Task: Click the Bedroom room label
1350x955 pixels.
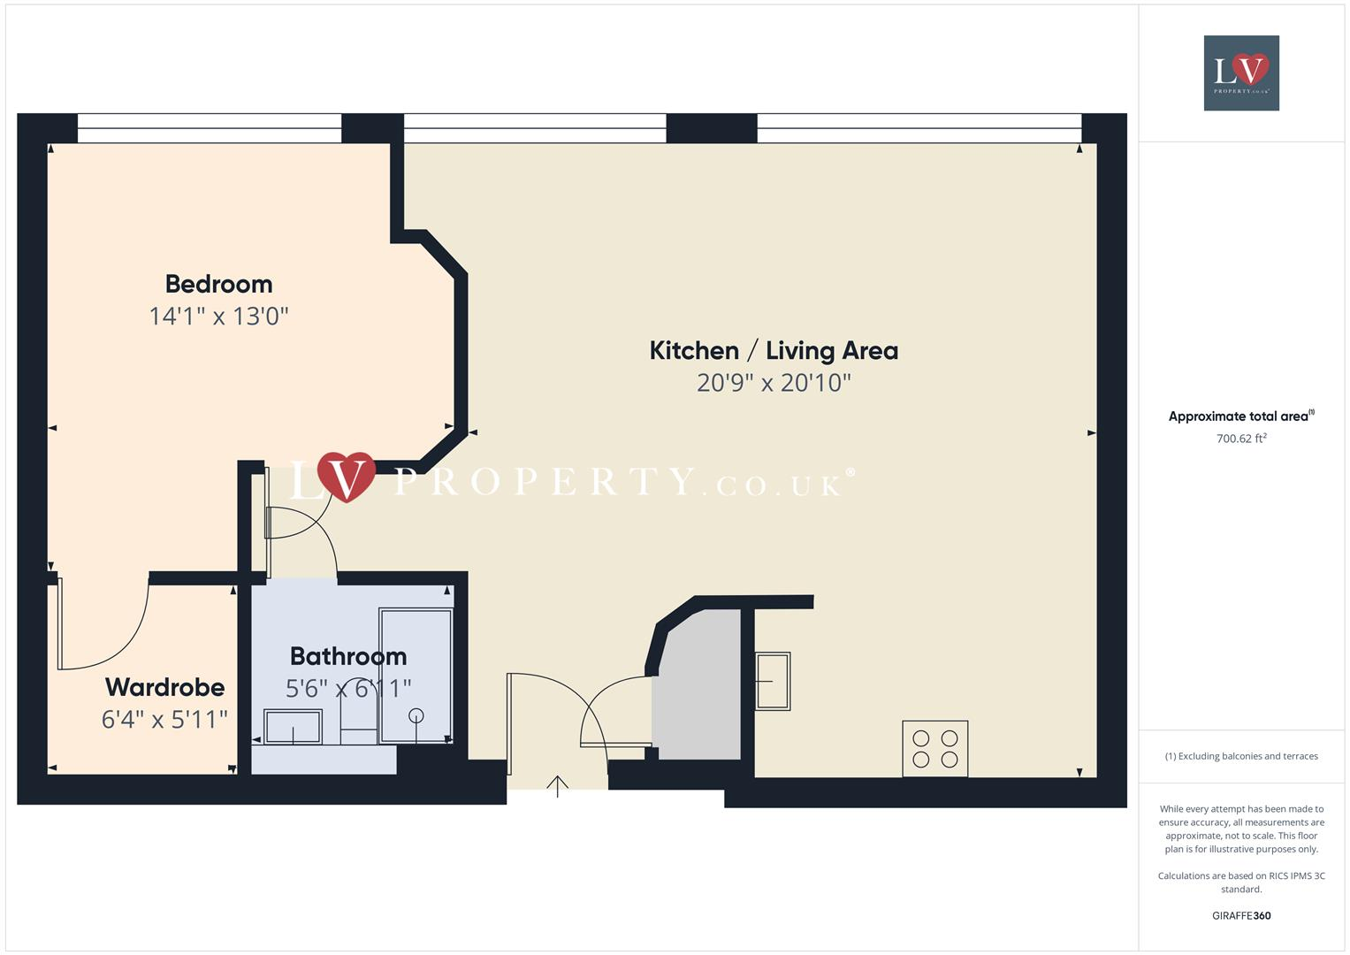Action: [x=218, y=284]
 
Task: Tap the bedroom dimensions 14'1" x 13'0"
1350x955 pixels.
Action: [x=218, y=316]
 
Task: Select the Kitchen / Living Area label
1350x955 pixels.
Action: [x=774, y=350]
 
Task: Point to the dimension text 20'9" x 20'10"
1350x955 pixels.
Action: [x=774, y=383]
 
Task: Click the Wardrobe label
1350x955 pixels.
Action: [x=164, y=687]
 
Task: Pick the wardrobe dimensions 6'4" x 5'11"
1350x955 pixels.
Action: [x=164, y=719]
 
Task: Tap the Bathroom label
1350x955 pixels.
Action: [x=348, y=656]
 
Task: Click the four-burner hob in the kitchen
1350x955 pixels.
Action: [x=934, y=749]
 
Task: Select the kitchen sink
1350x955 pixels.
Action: [x=772, y=681]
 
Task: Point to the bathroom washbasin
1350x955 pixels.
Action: [x=293, y=727]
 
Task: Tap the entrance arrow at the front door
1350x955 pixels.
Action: [x=557, y=785]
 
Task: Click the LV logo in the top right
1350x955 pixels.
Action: [x=1241, y=73]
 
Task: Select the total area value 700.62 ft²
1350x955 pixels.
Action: [x=1241, y=439]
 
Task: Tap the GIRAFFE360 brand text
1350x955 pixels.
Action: [x=1241, y=915]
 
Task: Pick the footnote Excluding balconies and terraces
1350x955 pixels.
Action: [x=1241, y=756]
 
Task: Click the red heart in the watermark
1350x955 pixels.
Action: [x=347, y=476]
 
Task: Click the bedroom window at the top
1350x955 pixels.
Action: [x=210, y=128]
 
